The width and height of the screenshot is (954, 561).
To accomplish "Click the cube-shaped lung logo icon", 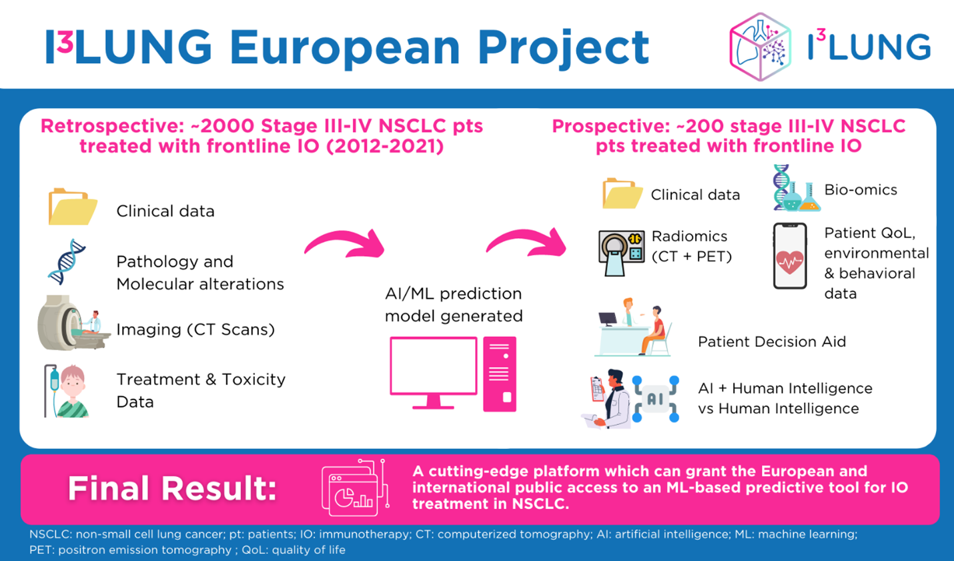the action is tap(761, 47).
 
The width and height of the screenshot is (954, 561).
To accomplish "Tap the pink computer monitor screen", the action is tap(434, 366).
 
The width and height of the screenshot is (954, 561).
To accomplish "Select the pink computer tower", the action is tap(500, 374).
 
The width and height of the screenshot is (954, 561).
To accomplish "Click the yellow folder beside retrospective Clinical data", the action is tap(73, 206).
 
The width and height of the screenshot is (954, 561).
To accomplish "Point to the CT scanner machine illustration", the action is tap(73, 323).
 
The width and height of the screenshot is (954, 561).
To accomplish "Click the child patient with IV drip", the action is tap(67, 391).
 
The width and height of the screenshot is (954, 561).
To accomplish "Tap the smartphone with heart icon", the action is tap(790, 255).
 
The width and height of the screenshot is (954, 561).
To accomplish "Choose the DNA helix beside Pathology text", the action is tap(67, 261).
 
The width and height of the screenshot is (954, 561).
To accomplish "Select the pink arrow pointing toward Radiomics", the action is tap(526, 243).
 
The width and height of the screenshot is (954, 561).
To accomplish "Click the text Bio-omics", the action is tap(861, 189).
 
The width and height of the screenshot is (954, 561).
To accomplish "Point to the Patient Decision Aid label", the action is tap(772, 342).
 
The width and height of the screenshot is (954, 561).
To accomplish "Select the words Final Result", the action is tap(172, 488).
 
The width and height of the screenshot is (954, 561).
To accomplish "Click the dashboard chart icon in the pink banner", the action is tap(355, 488).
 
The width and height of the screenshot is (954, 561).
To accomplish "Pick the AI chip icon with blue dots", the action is tap(655, 399).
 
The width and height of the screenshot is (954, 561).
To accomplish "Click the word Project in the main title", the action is tap(564, 48).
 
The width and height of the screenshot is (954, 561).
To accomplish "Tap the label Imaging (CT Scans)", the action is tap(195, 330).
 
